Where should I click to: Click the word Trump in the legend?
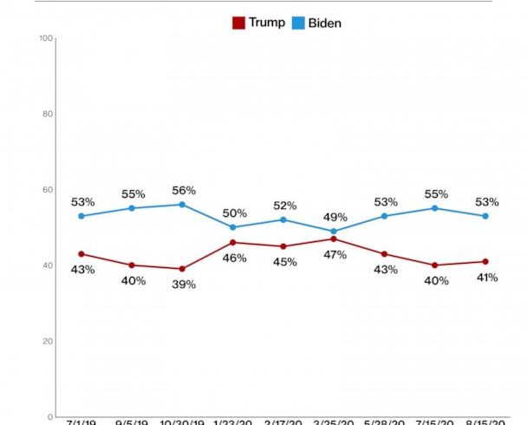point(266,23)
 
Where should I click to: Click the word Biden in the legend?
point(324,23)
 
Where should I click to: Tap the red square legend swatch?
point(238,23)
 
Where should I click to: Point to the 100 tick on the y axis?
point(47,38)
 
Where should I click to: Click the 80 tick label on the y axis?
point(49,114)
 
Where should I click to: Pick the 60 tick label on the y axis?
point(49,190)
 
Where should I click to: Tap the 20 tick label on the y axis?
point(49,341)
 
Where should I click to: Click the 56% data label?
point(184,191)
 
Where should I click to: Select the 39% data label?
point(184,284)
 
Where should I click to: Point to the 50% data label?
point(235,213)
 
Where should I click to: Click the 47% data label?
point(335,254)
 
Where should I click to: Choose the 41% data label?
point(485,277)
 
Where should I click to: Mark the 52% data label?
point(285,206)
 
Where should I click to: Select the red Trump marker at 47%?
point(335,239)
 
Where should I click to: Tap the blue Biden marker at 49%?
point(335,232)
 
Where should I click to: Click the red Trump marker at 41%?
point(485,261)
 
